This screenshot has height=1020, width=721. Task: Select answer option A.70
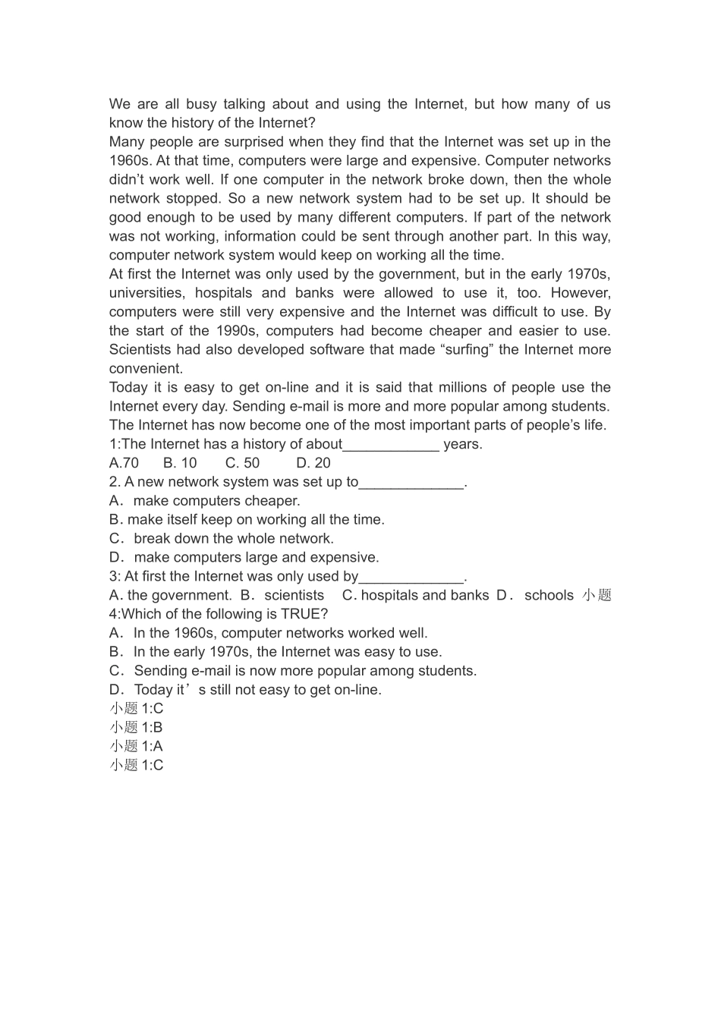pos(124,463)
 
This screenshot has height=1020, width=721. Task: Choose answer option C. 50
pos(242,463)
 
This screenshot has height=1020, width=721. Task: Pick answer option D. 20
pos(313,463)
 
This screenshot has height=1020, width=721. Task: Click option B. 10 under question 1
pos(180,463)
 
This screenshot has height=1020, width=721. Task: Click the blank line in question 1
pos(391,445)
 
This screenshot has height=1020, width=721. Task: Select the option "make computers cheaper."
pos(216,501)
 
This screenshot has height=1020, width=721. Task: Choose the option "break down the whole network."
pos(233,539)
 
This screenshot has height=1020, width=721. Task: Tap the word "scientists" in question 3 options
pos(294,596)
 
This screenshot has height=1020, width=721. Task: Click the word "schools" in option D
pos(549,596)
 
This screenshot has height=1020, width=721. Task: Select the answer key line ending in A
pos(136,746)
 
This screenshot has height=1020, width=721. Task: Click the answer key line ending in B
pos(136,727)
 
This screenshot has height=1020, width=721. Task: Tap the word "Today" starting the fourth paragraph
pos(129,388)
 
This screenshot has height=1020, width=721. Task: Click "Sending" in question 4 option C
pos(160,671)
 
